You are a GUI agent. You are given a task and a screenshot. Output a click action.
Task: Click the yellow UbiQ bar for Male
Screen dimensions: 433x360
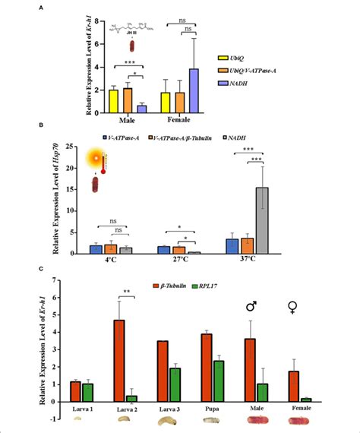(113, 101)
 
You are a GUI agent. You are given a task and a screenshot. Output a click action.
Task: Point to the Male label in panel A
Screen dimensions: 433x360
(126, 120)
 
